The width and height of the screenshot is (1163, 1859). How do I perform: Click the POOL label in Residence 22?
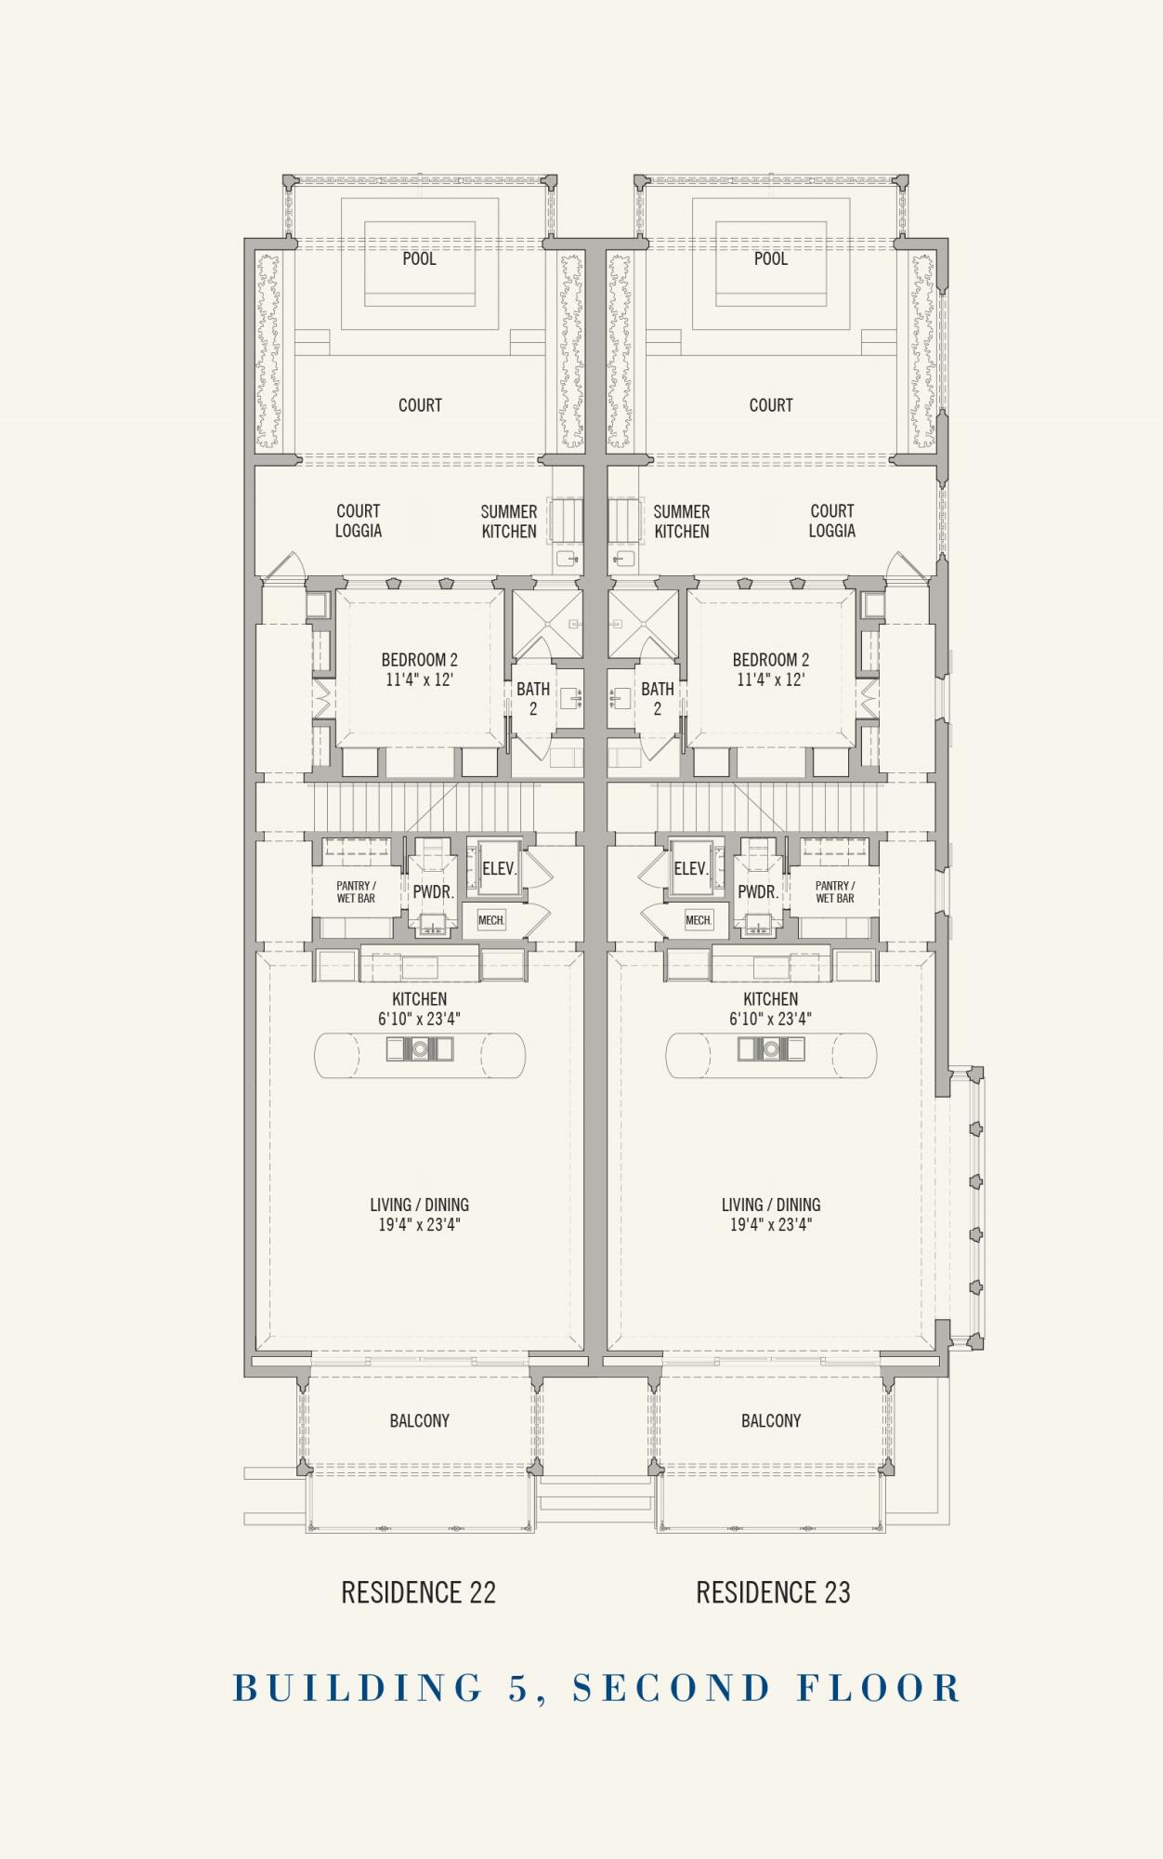click(x=419, y=258)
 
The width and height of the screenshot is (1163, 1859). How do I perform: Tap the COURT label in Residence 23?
click(x=771, y=405)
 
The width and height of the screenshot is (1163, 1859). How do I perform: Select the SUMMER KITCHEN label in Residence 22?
click(x=509, y=521)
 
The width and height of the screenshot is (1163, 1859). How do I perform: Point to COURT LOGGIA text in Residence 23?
click(x=831, y=521)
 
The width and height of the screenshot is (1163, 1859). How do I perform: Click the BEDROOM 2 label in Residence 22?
click(x=420, y=660)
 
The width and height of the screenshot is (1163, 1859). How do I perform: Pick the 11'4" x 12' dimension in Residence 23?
click(x=771, y=679)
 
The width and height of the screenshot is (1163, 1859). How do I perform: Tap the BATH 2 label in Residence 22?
click(x=533, y=699)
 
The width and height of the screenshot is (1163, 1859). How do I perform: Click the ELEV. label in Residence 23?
click(x=690, y=869)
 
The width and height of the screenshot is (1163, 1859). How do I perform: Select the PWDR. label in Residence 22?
click(x=433, y=891)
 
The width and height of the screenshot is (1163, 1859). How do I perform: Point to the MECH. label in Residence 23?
click(x=699, y=920)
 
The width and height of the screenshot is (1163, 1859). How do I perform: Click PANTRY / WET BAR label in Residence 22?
click(x=356, y=892)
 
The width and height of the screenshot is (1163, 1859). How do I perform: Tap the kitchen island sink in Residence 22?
click(x=420, y=1049)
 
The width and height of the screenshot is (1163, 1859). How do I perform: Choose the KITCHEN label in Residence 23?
click(x=771, y=999)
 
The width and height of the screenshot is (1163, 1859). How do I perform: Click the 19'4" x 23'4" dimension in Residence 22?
click(x=419, y=1225)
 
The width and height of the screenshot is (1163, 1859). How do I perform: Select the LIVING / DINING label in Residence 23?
click(x=771, y=1205)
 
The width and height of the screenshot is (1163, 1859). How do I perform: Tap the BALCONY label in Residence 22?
click(x=420, y=1421)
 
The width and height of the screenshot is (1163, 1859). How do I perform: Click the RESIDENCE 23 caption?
click(x=774, y=1593)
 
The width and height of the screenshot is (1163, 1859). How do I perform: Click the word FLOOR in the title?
click(x=879, y=1688)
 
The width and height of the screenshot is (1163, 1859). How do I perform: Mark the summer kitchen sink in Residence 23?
click(x=624, y=559)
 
